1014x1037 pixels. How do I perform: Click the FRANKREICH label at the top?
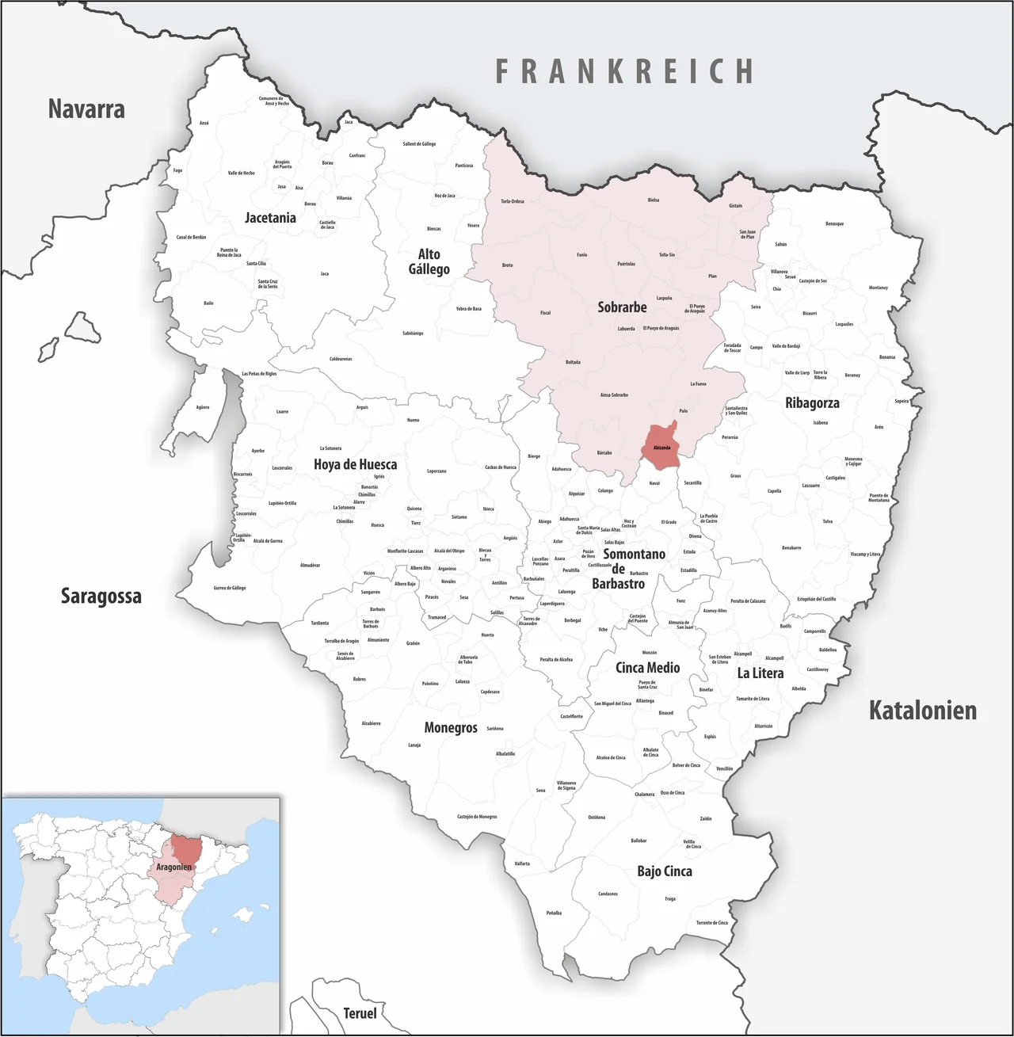[624, 71]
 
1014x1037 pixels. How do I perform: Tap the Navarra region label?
[86, 109]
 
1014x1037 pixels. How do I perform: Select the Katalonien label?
[922, 710]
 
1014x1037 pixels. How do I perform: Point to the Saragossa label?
[101, 597]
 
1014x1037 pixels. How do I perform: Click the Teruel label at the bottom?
[360, 1012]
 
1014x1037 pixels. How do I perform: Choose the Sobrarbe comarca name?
[622, 307]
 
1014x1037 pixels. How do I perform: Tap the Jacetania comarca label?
[270, 218]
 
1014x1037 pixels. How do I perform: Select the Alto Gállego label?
[429, 261]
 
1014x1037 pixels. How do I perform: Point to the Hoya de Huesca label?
[355, 464]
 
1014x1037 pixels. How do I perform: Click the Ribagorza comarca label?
[812, 403]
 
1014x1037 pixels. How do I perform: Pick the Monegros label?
[451, 727]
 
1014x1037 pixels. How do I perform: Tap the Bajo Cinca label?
[664, 871]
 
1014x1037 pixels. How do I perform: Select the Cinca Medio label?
[647, 668]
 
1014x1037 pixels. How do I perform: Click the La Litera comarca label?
[760, 673]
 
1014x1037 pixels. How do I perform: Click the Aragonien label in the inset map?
[174, 867]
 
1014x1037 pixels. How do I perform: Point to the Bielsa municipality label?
[653, 200]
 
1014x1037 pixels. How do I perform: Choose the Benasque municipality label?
[834, 224]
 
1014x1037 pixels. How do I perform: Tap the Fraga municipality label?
[670, 899]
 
